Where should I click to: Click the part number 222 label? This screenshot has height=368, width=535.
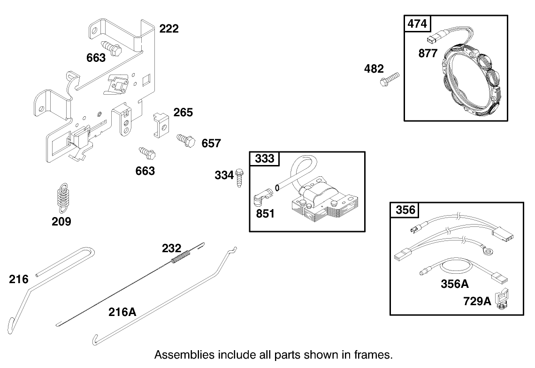(169, 29)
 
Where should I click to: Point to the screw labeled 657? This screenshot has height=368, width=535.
(185, 139)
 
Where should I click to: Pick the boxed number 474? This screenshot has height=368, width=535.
(416, 23)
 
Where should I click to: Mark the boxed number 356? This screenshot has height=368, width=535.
(405, 210)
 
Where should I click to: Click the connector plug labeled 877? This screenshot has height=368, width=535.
(435, 38)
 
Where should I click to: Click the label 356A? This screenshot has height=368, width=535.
(455, 284)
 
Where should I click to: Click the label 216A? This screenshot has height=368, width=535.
(122, 311)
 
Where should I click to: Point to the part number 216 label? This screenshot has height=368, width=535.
(19, 279)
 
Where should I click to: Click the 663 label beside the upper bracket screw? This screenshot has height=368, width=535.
(96, 58)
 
